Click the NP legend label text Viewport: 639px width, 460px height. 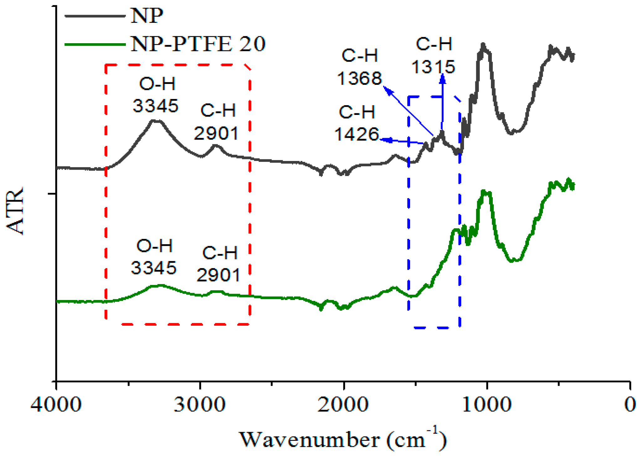click(x=147, y=15)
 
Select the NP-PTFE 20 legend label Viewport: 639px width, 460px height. click(x=198, y=44)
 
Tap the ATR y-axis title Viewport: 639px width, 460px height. click(x=15, y=211)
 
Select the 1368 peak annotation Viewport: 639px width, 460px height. click(x=359, y=78)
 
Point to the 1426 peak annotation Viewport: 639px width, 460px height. click(x=357, y=134)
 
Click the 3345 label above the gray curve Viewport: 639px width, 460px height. click(x=155, y=106)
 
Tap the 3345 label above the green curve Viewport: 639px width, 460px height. click(x=153, y=268)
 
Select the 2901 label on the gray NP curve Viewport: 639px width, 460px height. click(x=216, y=133)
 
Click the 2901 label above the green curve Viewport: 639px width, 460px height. click(x=218, y=275)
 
